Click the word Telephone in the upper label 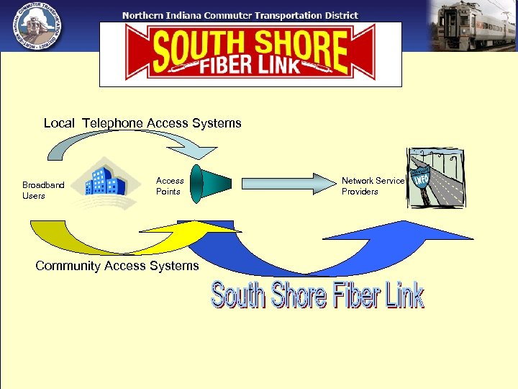pos(112,123)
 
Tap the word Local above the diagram pos(59,123)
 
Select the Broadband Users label pos(43,190)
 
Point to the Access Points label pos(170,186)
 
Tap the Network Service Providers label pos(373,186)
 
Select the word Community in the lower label pos(68,266)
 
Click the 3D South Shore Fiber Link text pos(317,296)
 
